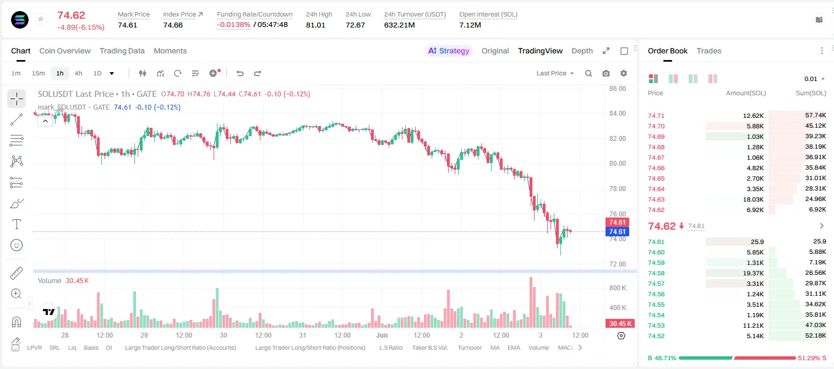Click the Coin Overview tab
point(65,51)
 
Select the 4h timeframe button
point(78,73)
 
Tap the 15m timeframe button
point(38,73)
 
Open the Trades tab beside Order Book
point(709,51)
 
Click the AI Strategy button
point(449,51)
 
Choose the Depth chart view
point(582,51)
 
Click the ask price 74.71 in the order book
point(656,116)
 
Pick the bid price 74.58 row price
point(656,273)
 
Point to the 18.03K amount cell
point(753,199)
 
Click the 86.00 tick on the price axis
point(618,89)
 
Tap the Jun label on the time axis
point(381,335)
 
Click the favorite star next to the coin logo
point(41,19)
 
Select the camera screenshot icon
point(606,73)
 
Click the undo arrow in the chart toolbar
point(240,73)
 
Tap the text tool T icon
point(17,224)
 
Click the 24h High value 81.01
point(315,25)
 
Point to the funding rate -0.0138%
point(233,25)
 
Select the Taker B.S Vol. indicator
point(429,348)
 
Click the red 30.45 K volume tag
point(620,324)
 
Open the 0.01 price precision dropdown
point(815,79)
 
